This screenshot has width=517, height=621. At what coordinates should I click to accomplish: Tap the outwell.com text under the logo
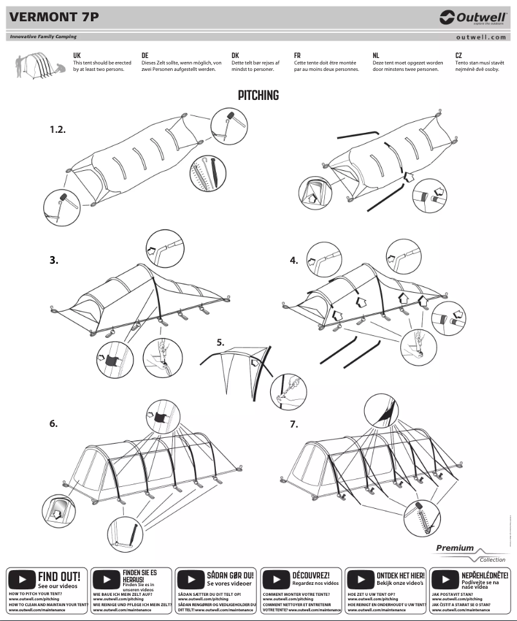(x=480, y=37)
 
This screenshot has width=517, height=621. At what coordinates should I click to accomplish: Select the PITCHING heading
(x=258, y=95)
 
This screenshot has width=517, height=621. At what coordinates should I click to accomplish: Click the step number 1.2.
(x=58, y=130)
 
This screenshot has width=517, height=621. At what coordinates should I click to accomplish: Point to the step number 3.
(x=54, y=261)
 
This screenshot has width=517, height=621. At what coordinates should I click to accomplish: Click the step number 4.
(x=294, y=261)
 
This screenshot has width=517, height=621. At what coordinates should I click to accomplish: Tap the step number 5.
(x=220, y=342)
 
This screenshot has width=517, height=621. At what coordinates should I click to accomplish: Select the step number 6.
(x=54, y=424)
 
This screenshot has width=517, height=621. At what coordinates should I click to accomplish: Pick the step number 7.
(x=294, y=424)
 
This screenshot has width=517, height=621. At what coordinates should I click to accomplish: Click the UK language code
(x=77, y=56)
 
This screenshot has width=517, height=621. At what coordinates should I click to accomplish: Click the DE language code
(x=145, y=56)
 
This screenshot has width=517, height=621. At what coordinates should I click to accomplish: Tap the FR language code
(x=297, y=56)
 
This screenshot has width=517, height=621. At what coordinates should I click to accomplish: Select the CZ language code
(x=459, y=56)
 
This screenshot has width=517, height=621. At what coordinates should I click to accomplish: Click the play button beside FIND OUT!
(x=21, y=578)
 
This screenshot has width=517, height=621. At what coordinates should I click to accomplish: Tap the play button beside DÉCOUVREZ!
(x=276, y=578)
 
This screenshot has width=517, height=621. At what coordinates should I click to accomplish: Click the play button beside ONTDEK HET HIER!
(x=360, y=578)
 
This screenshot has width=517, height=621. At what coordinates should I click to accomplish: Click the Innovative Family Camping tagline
(x=43, y=37)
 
